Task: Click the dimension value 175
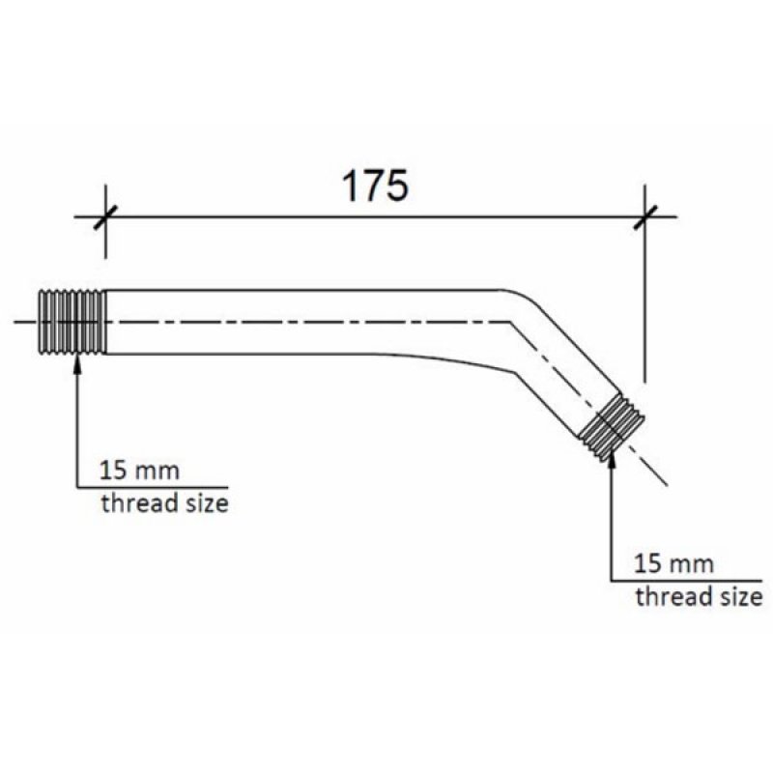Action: pyautogui.click(x=376, y=186)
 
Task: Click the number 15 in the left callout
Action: pyautogui.click(x=113, y=473)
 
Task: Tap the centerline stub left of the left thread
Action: pyautogui.click(x=27, y=322)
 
